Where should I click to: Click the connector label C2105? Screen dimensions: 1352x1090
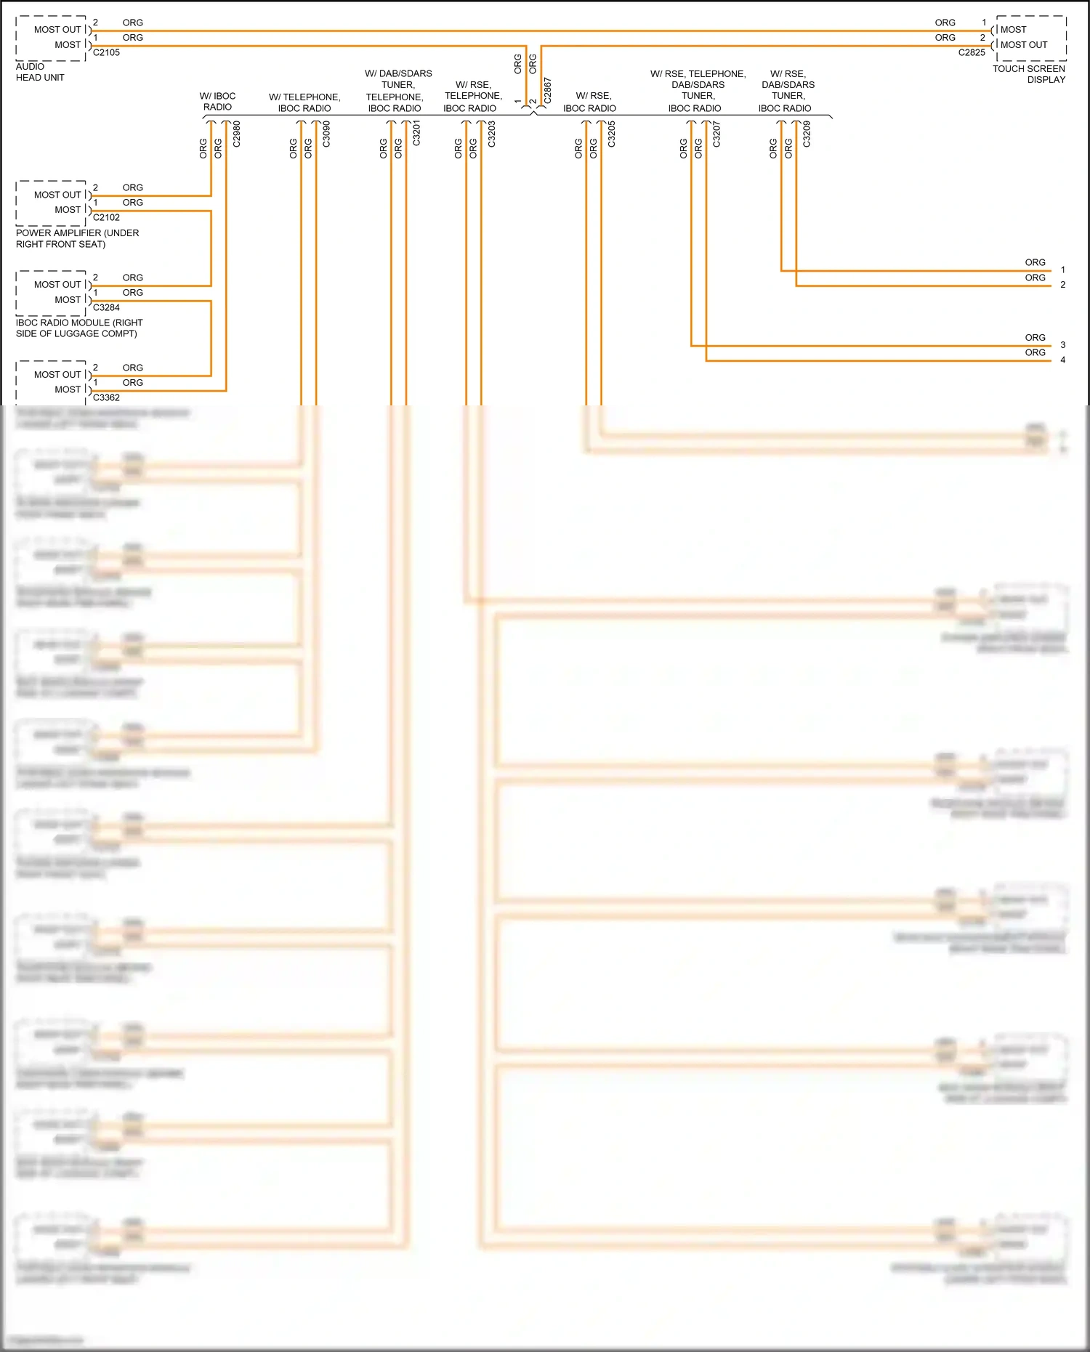[106, 52]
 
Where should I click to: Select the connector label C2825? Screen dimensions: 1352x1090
[972, 52]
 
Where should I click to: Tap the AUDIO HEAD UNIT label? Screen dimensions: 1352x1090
[40, 72]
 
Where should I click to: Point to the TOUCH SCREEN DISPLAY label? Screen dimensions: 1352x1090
[1029, 74]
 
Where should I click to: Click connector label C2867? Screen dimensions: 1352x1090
[548, 90]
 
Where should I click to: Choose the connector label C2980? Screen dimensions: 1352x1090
[236, 134]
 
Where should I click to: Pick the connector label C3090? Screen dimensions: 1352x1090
[326, 134]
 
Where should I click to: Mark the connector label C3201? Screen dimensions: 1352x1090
[416, 134]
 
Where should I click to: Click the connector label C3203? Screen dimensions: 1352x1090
[491, 134]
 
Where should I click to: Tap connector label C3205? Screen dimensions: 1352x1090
[611, 134]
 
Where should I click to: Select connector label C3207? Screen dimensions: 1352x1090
[716, 134]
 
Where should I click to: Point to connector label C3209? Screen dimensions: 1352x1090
[807, 134]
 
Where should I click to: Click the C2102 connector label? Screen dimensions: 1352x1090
[106, 217]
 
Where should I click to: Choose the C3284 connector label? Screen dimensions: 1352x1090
[106, 307]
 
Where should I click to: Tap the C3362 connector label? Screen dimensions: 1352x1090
[106, 397]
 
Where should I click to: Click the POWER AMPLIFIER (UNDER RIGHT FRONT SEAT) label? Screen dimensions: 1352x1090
[77, 238]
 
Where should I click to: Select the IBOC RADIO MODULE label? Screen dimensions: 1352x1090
[79, 328]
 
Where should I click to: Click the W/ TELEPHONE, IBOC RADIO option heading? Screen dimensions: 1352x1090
[304, 102]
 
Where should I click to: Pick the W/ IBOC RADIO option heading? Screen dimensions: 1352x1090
[217, 101]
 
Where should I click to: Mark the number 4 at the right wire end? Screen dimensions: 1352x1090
[1062, 360]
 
